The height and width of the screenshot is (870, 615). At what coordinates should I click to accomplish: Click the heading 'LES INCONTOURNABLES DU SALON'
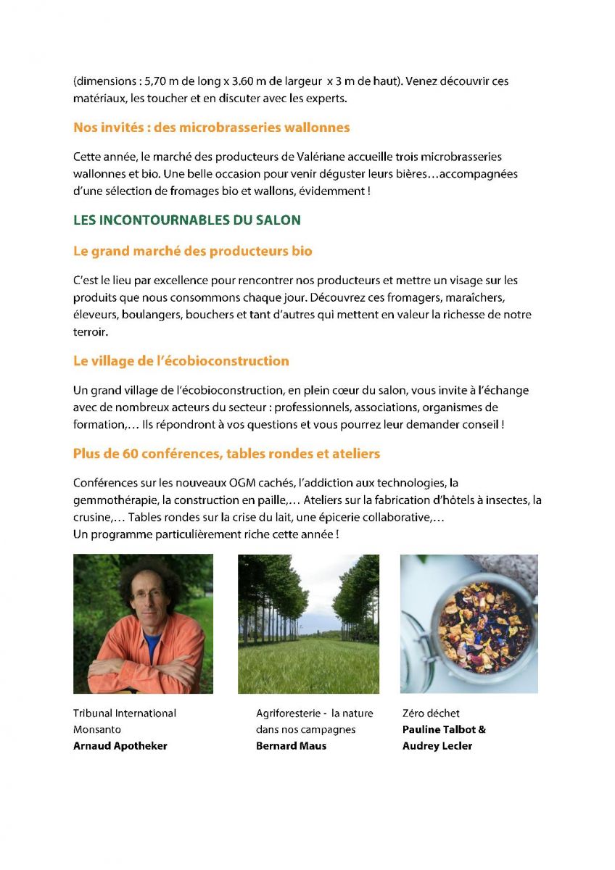click(x=187, y=220)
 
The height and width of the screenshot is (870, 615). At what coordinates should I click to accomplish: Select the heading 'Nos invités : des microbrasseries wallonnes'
click(x=211, y=128)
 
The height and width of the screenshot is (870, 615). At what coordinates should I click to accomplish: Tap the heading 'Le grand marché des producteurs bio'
click(x=192, y=252)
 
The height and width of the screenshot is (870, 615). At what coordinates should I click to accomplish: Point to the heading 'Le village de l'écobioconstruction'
click(x=181, y=361)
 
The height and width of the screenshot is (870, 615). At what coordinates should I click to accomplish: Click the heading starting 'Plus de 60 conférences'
click(x=226, y=454)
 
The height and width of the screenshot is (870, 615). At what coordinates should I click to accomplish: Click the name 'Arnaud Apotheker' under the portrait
click(x=120, y=746)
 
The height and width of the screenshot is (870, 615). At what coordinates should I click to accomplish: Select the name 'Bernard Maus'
click(x=291, y=746)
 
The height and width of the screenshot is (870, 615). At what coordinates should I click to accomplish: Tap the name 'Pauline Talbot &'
click(x=444, y=729)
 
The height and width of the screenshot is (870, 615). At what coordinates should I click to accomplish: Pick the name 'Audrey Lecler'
click(x=437, y=746)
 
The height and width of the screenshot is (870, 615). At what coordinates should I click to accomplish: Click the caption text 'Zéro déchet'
click(x=431, y=713)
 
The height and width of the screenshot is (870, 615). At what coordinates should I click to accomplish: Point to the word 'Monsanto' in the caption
click(x=97, y=729)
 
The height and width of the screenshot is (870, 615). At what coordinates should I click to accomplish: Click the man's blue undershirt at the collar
click(x=152, y=641)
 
